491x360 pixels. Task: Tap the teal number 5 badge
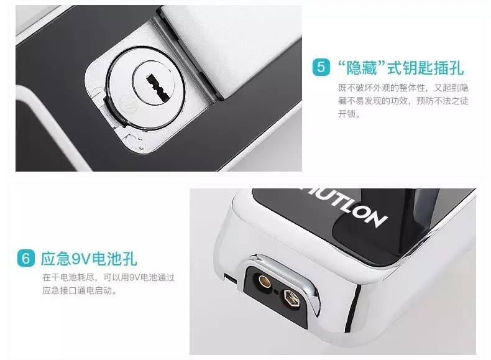tap(321, 67)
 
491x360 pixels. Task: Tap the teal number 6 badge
tap(26, 258)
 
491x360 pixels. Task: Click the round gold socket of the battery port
tap(264, 281)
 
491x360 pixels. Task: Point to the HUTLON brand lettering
tap(344, 206)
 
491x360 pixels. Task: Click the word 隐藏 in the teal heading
tap(361, 68)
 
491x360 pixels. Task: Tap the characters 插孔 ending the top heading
tap(449, 68)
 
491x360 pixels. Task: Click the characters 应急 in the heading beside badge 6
tap(56, 259)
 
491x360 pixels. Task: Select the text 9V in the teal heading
tap(81, 259)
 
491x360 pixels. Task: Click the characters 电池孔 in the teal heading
tap(114, 259)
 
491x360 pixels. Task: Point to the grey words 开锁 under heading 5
tap(347, 114)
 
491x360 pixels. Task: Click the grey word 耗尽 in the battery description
tap(85, 277)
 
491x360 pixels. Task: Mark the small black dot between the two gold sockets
tap(276, 292)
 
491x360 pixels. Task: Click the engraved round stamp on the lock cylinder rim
tap(127, 103)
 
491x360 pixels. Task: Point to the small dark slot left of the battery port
tap(230, 278)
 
